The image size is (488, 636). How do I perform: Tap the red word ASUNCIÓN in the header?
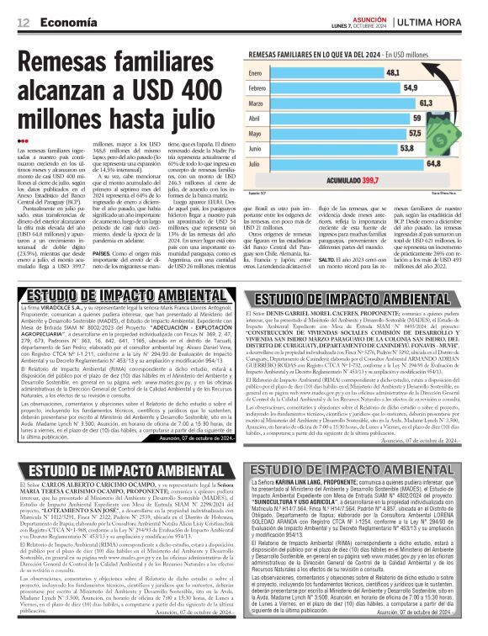(389, 17)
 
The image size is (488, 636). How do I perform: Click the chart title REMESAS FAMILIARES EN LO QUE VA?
(337, 53)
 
